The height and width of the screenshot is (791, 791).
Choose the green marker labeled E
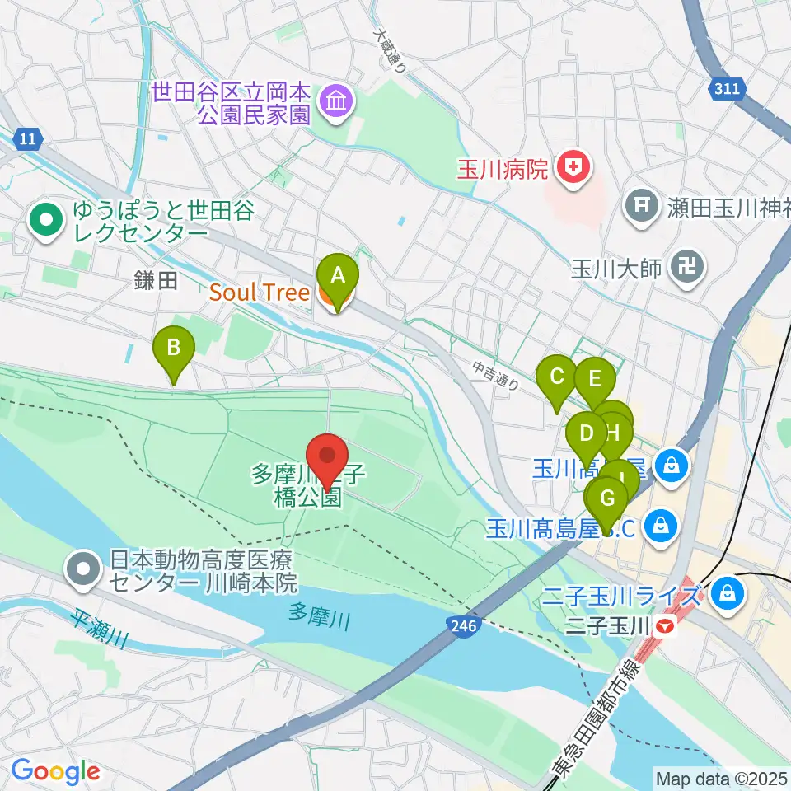[x=595, y=381]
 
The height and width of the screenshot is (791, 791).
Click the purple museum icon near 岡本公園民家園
[x=338, y=102]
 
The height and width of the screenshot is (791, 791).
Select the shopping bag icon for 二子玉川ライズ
[x=728, y=592]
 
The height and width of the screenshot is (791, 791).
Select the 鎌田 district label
[x=156, y=281]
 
